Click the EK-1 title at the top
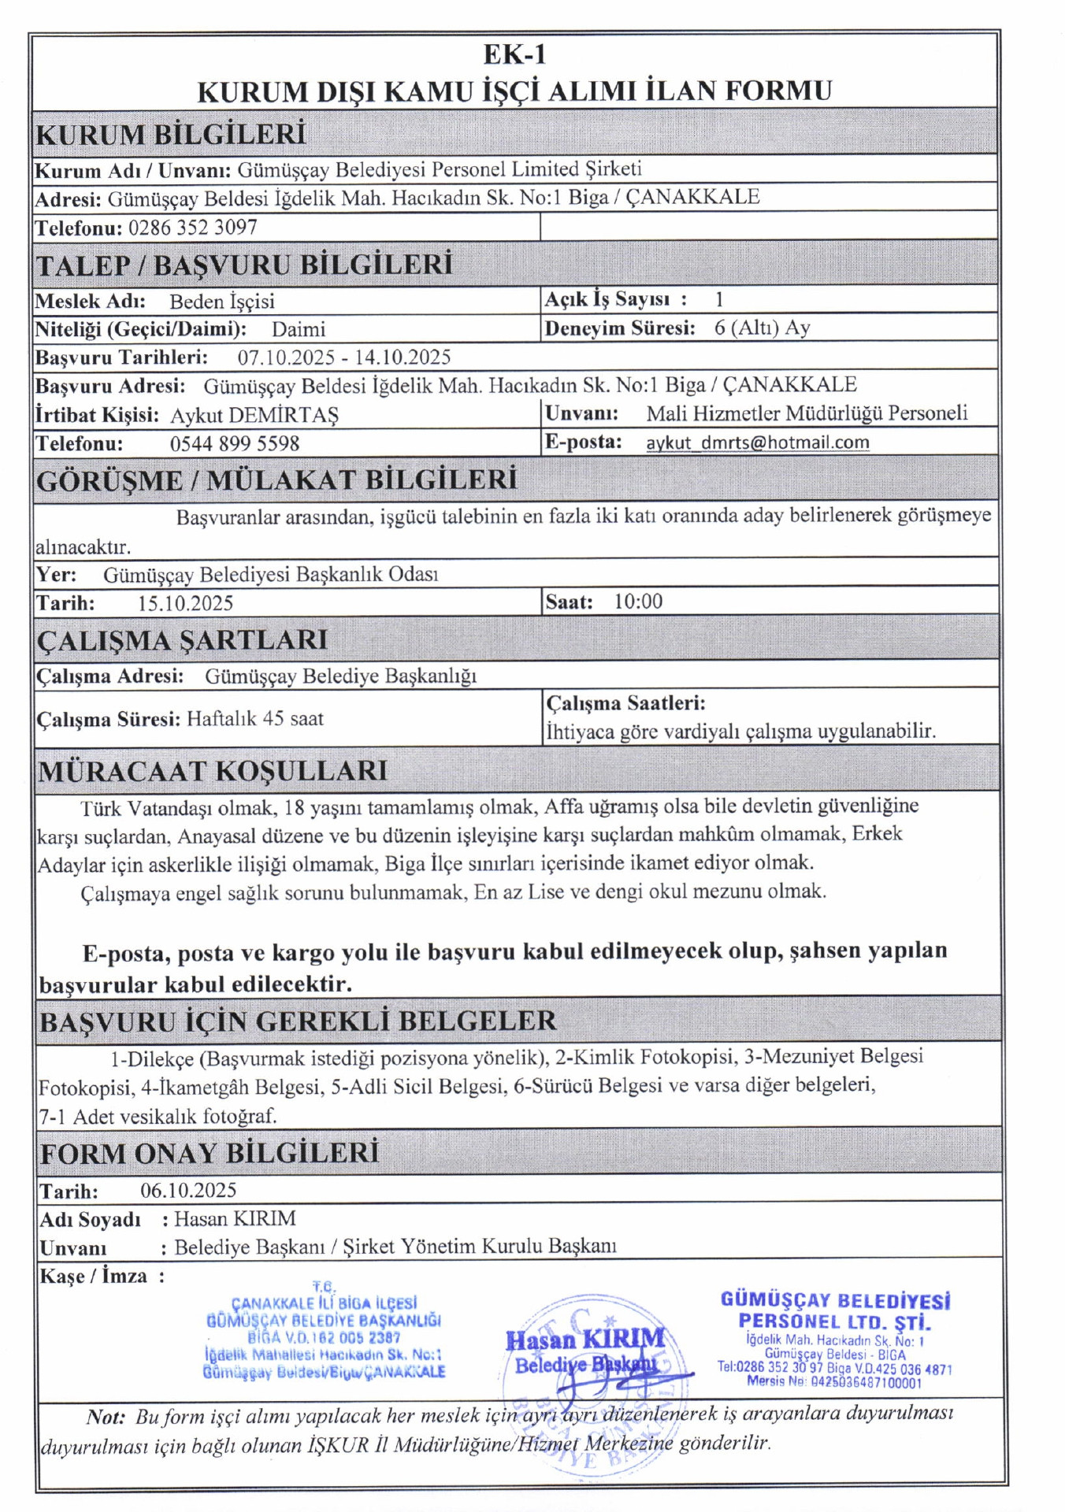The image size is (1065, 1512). (x=514, y=54)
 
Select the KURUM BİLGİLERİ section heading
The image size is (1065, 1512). (x=170, y=134)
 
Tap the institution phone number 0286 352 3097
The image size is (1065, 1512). (x=193, y=228)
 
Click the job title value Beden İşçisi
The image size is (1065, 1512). (x=222, y=302)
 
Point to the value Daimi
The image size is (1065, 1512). (x=299, y=329)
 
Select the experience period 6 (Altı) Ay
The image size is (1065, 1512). (x=762, y=328)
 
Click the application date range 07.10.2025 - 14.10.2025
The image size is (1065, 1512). (x=344, y=358)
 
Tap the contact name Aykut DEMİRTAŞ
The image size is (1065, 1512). (x=254, y=415)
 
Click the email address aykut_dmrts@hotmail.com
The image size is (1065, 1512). (x=758, y=443)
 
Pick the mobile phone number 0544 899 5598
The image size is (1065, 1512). (x=235, y=443)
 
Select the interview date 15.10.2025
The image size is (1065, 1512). (x=185, y=603)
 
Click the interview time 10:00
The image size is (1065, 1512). (x=638, y=602)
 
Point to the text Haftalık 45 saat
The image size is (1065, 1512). (x=255, y=718)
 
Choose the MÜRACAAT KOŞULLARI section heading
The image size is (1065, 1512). (x=213, y=770)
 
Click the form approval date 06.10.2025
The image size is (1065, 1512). (x=188, y=1190)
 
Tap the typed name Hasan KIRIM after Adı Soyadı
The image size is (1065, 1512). (x=235, y=1218)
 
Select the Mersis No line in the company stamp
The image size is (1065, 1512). (x=834, y=1382)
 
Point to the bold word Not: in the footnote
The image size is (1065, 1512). (x=106, y=1417)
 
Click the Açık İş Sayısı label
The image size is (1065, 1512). (x=607, y=299)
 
